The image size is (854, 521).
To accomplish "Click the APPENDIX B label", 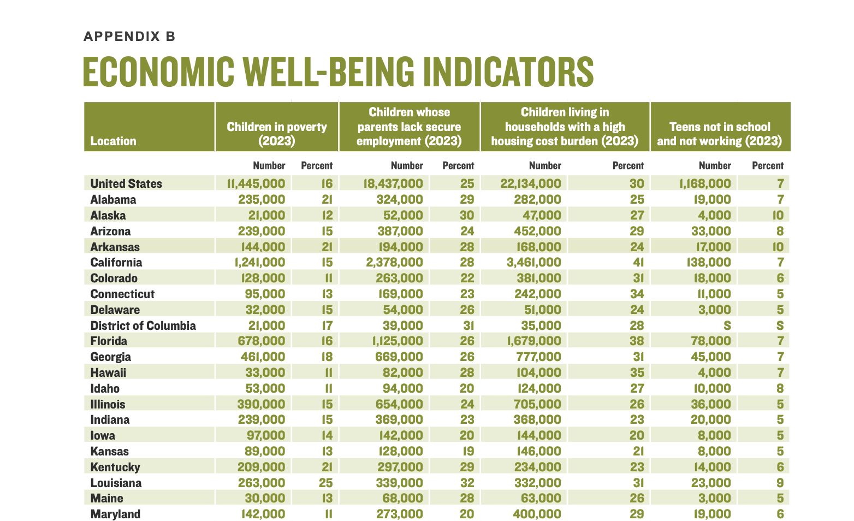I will click(x=129, y=37).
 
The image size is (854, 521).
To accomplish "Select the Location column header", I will click(x=113, y=141).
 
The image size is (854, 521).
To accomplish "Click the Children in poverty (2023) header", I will click(x=277, y=134).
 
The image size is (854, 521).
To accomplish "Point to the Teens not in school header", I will click(x=720, y=134).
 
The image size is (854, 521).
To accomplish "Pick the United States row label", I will click(x=126, y=183).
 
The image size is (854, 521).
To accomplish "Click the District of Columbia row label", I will click(x=143, y=325).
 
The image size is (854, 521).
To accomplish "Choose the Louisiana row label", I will click(x=116, y=483).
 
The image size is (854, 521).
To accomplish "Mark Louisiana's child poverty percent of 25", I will click(x=325, y=483).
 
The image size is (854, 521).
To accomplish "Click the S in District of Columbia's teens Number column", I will click(x=726, y=325).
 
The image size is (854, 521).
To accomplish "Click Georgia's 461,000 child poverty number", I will click(x=263, y=357).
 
